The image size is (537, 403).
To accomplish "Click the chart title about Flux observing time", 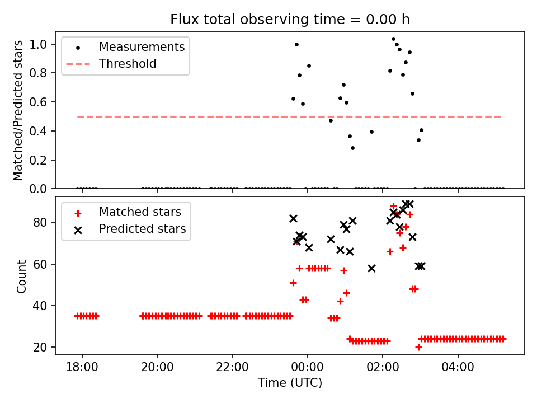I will pos(290,20).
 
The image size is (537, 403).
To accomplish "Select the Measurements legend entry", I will pos(142,47).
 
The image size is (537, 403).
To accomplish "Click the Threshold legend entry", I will pos(128,64).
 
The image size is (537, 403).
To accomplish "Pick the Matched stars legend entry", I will pos(140,212).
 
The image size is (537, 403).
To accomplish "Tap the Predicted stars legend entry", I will pos(142,229).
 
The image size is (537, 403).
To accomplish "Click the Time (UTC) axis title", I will pos(290,383).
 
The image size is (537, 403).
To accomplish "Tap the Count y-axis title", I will pos(22,276).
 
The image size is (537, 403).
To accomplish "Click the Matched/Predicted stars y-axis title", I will pos(18,110).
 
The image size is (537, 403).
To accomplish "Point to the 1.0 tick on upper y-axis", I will pos(43,44).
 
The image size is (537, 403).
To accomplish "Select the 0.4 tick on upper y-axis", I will pos(43,131).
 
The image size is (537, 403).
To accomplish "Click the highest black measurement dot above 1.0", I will pos(393,39).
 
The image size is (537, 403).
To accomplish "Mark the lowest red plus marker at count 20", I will pos(418,347).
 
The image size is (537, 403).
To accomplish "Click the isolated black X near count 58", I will pos(371,268).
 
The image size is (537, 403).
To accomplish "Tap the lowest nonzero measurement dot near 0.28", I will pos(352,148).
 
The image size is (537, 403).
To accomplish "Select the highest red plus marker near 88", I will pos(393,207).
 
